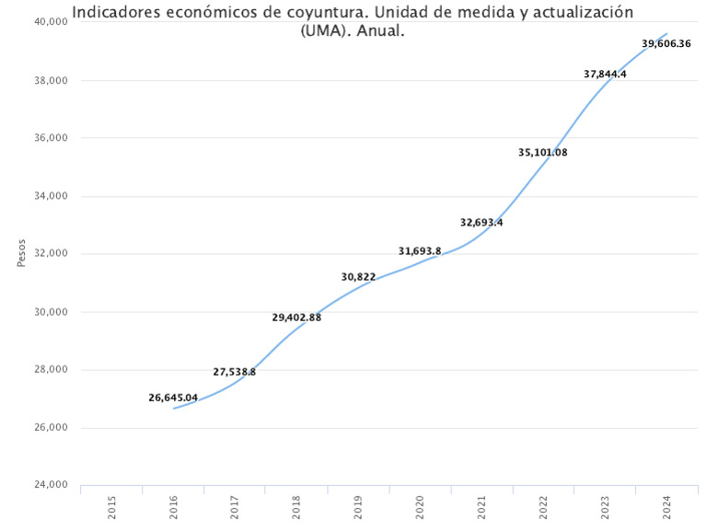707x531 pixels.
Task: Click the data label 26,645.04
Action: pyautogui.click(x=173, y=398)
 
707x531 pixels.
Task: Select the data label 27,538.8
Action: pyautogui.click(x=235, y=372)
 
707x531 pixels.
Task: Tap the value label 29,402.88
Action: pyautogui.click(x=296, y=317)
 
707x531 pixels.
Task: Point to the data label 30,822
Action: pyautogui.click(x=358, y=276)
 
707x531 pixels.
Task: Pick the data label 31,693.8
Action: pyautogui.click(x=420, y=250)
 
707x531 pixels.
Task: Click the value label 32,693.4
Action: pyautogui.click(x=481, y=222)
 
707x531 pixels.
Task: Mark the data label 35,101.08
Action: pyautogui.click(x=543, y=152)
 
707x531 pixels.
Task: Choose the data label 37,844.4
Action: pyautogui.click(x=605, y=74)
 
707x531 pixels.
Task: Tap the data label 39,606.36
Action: pyautogui.click(x=666, y=43)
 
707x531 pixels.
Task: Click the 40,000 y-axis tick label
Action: pyautogui.click(x=52, y=22)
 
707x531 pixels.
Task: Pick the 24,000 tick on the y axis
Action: pyautogui.click(x=52, y=485)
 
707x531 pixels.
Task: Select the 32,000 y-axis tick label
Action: pyautogui.click(x=52, y=254)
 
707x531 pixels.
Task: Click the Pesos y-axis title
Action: pyautogui.click(x=21, y=253)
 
